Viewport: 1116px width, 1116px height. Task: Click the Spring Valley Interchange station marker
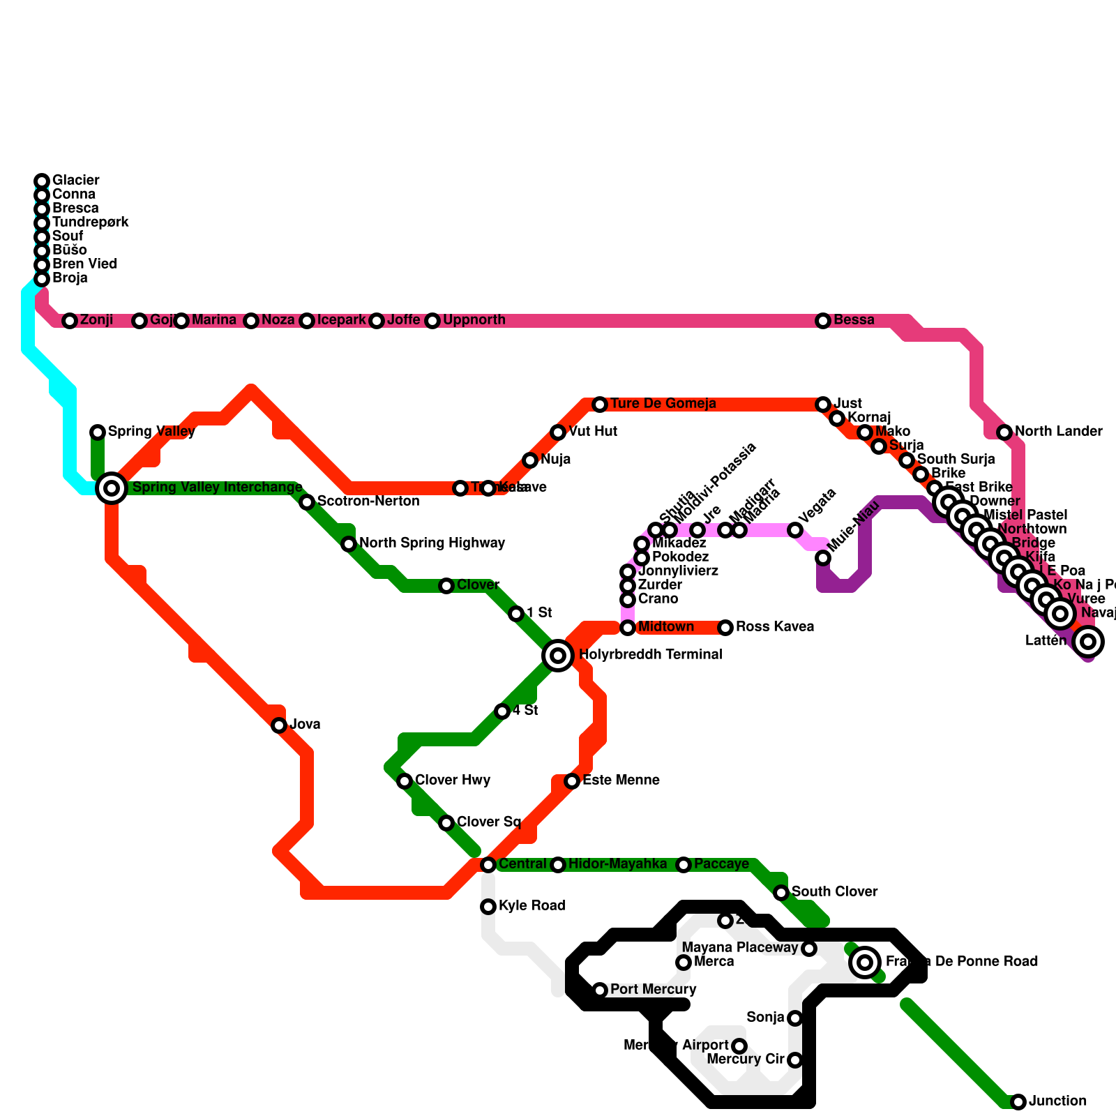[112, 488]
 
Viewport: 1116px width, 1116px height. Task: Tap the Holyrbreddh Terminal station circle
[558, 655]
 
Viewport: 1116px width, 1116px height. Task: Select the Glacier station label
[76, 180]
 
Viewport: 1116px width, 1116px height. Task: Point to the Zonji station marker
[70, 321]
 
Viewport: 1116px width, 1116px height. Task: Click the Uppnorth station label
[474, 320]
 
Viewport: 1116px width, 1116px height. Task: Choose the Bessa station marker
[823, 321]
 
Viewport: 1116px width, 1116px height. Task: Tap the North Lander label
[1058, 431]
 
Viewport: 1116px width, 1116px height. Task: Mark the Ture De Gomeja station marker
[600, 405]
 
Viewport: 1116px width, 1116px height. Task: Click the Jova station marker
[279, 725]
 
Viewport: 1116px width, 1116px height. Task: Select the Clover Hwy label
[453, 780]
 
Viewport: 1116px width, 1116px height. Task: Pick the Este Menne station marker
[572, 781]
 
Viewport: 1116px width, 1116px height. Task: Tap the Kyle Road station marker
[488, 907]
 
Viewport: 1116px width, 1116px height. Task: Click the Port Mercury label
[653, 989]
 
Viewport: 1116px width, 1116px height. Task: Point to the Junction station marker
[1018, 1102]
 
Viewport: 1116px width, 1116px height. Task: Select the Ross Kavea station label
[774, 626]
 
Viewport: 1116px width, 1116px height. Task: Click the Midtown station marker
[628, 628]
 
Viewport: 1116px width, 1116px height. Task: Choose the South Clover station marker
[781, 893]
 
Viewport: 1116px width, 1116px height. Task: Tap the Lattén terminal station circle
[1088, 641]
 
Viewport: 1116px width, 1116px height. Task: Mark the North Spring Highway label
[432, 543]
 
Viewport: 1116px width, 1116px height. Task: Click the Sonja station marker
[795, 1018]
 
